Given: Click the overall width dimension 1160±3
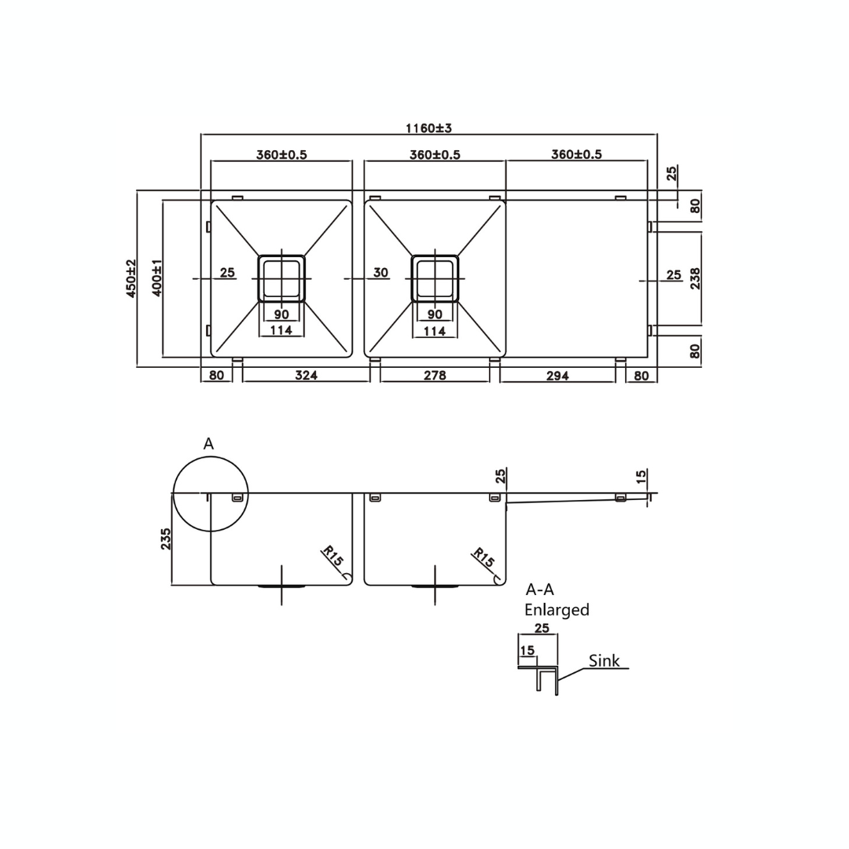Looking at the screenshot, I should [x=428, y=128].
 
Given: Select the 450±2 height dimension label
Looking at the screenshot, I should [x=131, y=278].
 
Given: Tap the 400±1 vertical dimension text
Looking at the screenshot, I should [x=156, y=277].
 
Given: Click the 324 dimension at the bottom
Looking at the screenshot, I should [x=306, y=376].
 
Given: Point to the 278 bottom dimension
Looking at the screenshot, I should [x=435, y=376].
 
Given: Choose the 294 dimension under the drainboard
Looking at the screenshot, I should [x=557, y=376].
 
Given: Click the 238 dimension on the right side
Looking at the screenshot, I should [x=695, y=278].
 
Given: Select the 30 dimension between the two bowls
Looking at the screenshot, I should [x=380, y=273].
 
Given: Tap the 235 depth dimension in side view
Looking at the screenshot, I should [x=166, y=538].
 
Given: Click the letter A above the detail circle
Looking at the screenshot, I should [x=208, y=444].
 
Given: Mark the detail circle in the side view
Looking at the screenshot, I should [x=210, y=494].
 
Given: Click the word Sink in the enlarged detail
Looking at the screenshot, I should [x=604, y=661].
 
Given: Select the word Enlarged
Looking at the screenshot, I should [x=557, y=610].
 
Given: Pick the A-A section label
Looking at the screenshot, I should [x=539, y=590].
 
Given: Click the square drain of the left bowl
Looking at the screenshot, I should [x=281, y=278].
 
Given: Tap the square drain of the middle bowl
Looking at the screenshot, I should [x=435, y=278].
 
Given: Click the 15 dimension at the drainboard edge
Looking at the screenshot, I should [x=641, y=476].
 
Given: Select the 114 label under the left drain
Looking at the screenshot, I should [x=281, y=330].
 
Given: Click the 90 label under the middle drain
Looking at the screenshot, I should [x=435, y=314].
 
